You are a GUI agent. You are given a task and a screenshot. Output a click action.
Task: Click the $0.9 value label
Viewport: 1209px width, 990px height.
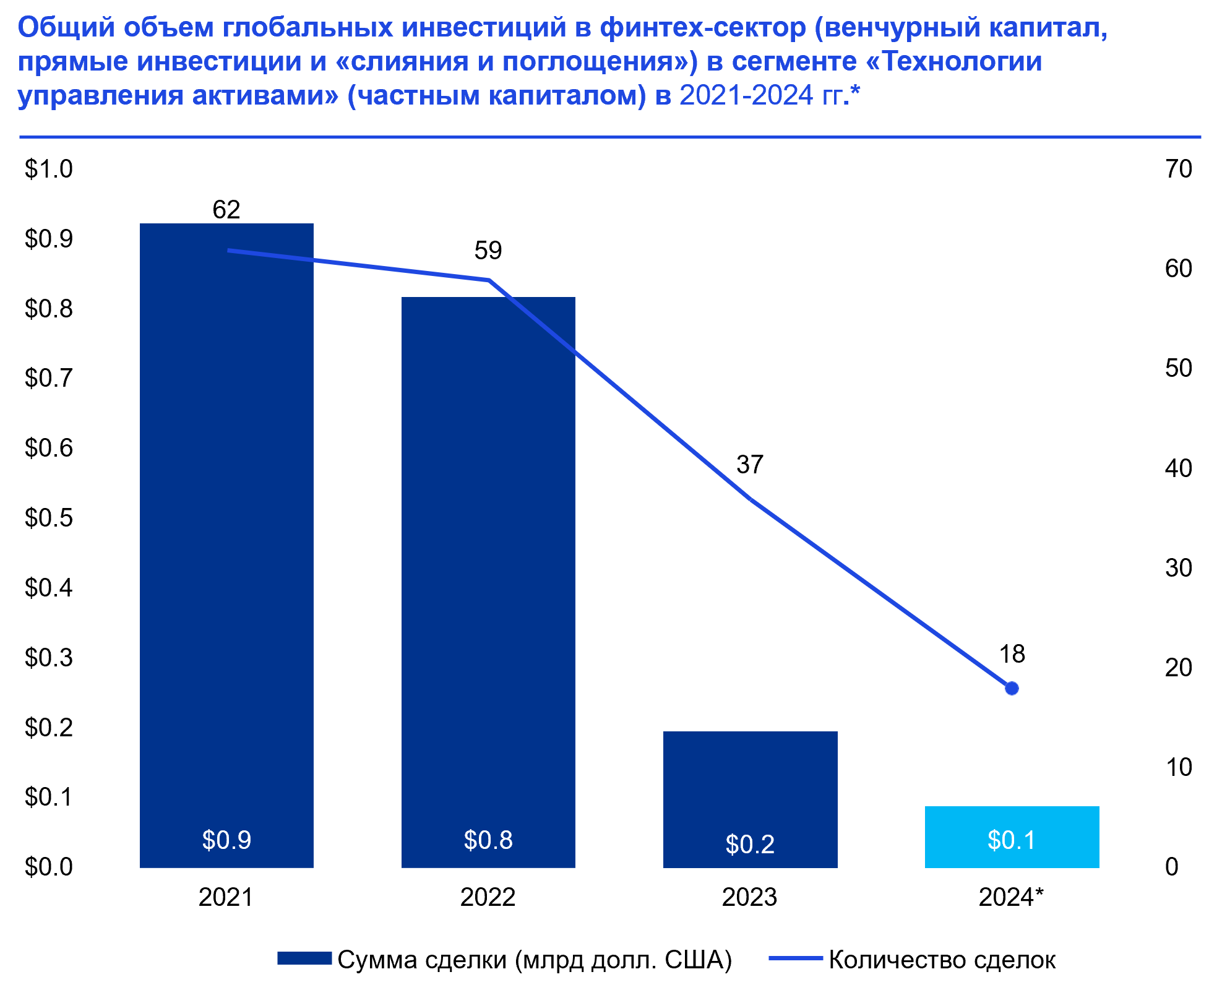click(x=226, y=840)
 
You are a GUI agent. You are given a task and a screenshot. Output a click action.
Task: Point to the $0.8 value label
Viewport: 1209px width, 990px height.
click(x=488, y=840)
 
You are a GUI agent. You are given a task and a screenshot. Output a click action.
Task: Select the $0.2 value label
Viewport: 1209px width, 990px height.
click(x=750, y=845)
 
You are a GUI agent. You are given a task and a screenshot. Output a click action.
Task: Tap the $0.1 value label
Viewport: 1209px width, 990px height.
click(x=1012, y=840)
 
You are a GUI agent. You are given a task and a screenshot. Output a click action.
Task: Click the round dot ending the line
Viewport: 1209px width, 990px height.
click(x=1012, y=688)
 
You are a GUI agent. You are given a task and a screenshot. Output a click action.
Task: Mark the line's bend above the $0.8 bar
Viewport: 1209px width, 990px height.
click(x=489, y=280)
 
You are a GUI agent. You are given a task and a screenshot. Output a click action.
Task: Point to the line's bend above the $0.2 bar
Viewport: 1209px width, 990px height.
click(x=751, y=499)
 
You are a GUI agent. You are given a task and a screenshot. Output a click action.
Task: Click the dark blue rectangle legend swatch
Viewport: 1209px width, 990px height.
click(x=304, y=958)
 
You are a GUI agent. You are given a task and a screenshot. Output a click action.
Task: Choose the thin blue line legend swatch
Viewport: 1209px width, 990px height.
click(x=796, y=958)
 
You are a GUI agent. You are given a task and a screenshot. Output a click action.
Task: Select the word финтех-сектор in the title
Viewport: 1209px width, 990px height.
click(x=703, y=28)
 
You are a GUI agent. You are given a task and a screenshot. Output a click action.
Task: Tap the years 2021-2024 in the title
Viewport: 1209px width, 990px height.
click(x=746, y=96)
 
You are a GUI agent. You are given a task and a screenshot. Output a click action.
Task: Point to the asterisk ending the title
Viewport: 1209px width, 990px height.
click(x=855, y=93)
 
